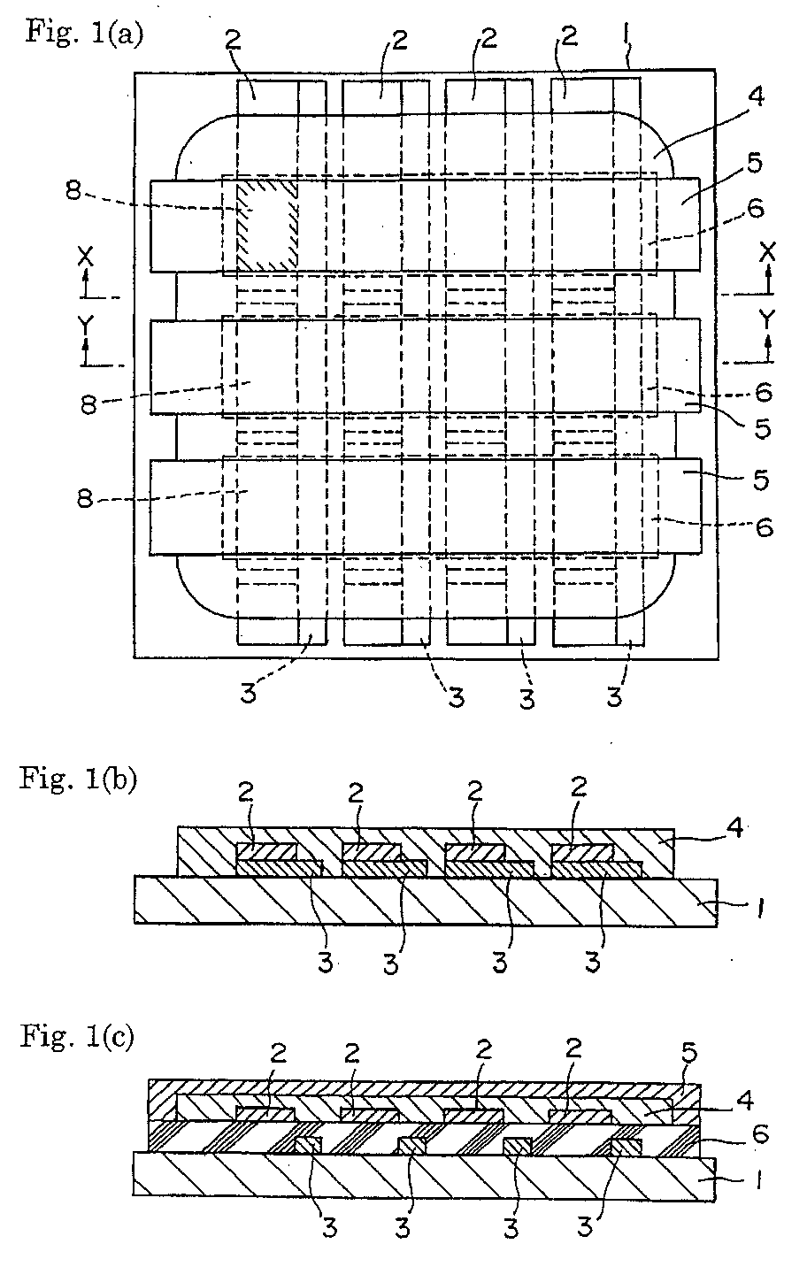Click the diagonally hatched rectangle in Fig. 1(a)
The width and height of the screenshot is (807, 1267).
tap(266, 226)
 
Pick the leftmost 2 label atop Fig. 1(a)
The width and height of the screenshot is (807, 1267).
tap(233, 40)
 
